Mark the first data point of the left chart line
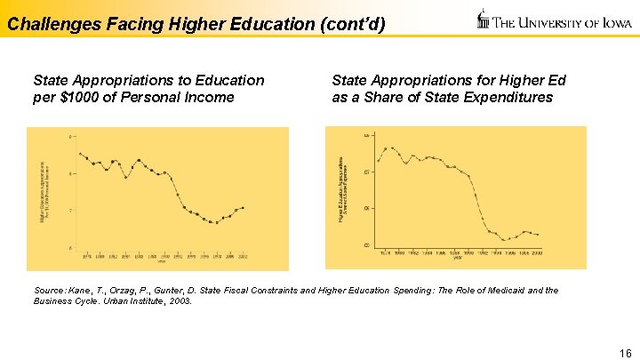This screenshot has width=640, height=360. (x=81, y=154)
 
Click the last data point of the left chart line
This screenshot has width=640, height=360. (x=243, y=208)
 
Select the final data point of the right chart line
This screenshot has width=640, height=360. (x=538, y=235)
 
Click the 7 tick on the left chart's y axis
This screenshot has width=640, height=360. (x=70, y=211)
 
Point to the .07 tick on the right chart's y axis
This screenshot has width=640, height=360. (x=366, y=172)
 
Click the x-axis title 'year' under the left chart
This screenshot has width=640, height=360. (x=161, y=261)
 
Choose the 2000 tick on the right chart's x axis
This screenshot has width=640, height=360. (x=536, y=253)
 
